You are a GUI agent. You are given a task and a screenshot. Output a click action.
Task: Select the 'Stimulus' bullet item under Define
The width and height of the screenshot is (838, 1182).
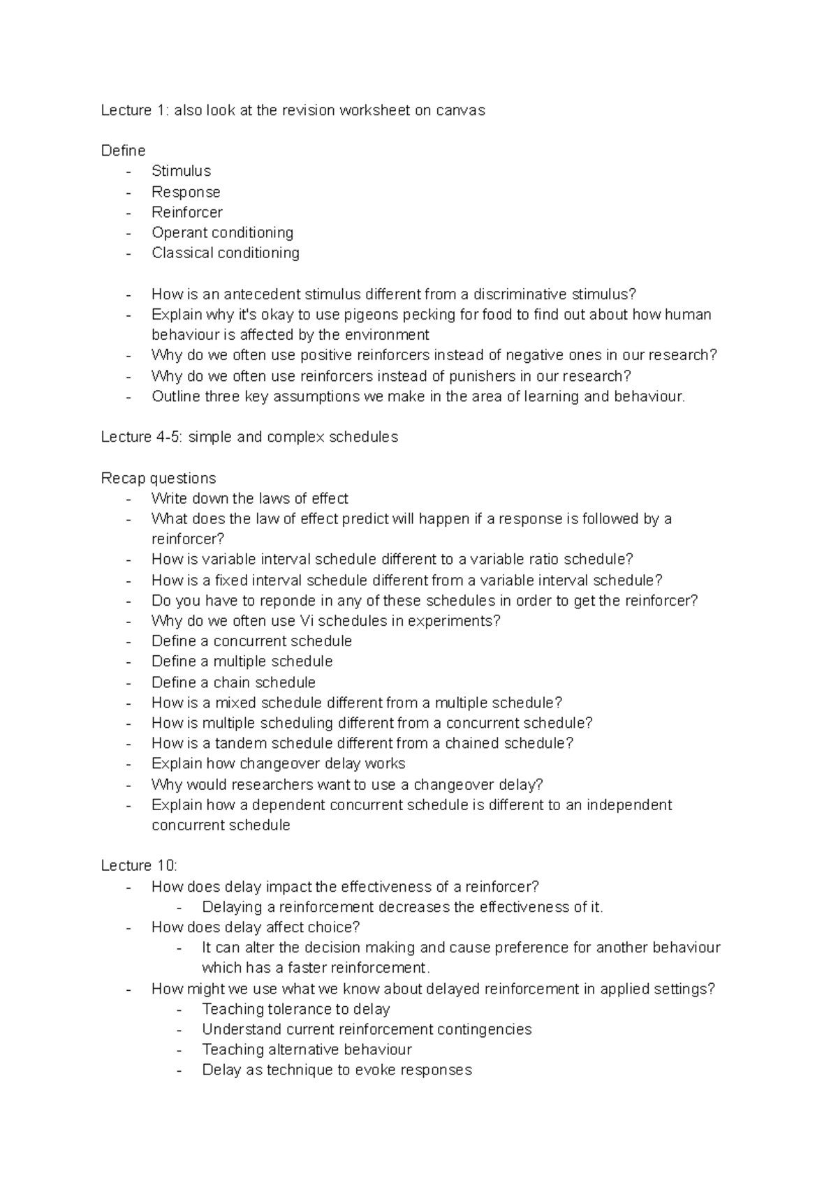tap(181, 171)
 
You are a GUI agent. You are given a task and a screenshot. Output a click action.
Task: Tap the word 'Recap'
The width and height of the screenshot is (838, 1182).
tap(122, 478)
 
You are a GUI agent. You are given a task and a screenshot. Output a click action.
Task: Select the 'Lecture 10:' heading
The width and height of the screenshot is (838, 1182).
tap(139, 866)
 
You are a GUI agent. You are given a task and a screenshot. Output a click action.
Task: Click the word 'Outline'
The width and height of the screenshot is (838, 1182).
tap(176, 396)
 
